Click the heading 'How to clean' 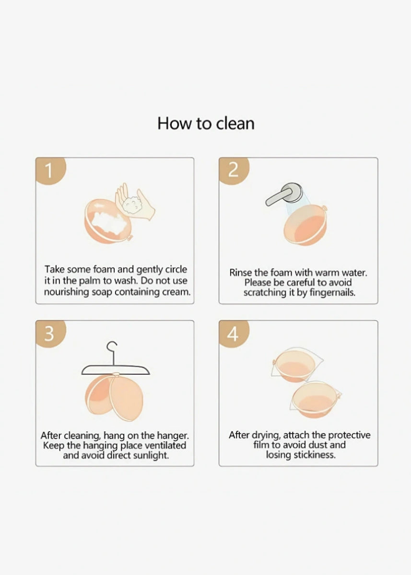coord(206,124)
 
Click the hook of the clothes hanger coord(113,349)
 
